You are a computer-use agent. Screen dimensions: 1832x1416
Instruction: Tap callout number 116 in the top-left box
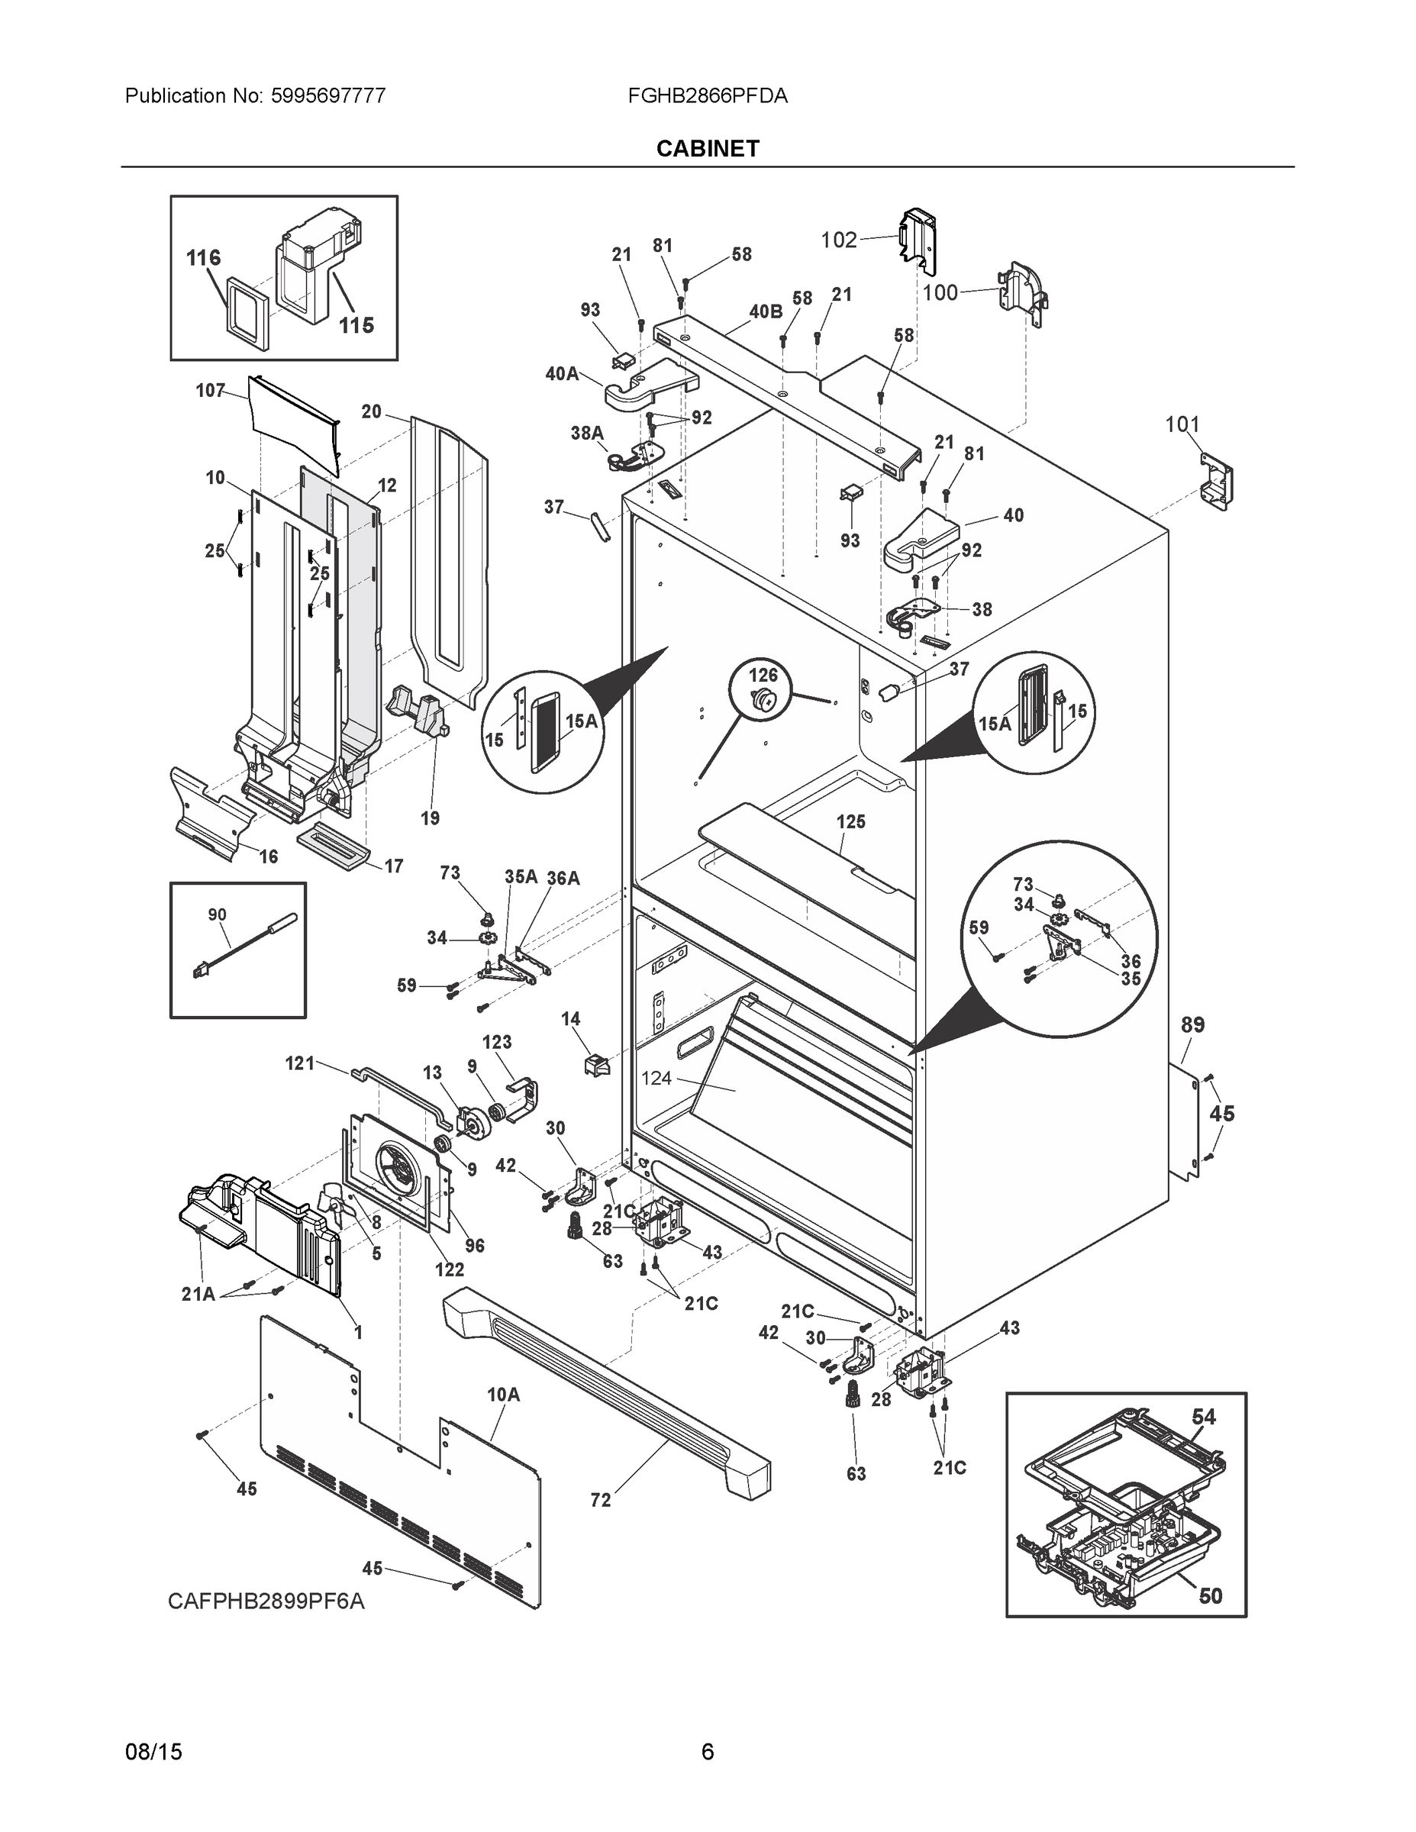pos(203,257)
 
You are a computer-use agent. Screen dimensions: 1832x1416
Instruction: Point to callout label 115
pos(356,325)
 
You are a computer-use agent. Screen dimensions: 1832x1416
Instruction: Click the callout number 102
pos(838,240)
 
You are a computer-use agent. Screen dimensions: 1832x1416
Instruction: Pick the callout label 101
pos(1182,424)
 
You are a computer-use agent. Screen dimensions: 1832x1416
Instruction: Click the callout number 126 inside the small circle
pos(763,675)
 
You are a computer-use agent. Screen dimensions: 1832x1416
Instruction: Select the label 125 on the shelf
pos(850,821)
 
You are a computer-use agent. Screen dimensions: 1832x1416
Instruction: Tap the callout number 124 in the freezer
pos(656,1078)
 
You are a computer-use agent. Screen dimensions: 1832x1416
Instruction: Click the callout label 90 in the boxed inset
pos(218,914)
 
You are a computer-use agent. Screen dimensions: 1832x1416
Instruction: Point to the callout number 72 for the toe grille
pos(601,1500)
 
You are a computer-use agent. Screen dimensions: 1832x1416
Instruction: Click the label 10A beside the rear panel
pos(503,1394)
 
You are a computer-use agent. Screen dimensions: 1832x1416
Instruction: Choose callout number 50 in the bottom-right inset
pos(1210,1595)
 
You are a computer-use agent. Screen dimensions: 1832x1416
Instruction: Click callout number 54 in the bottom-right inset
pos(1203,1416)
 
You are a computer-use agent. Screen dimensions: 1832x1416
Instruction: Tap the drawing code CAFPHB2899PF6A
pos(266,1601)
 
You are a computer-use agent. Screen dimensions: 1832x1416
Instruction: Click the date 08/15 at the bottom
pos(153,1752)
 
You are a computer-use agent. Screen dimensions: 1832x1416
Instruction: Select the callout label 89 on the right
pos(1192,1024)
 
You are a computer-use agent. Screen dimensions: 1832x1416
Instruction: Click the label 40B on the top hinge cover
pos(765,312)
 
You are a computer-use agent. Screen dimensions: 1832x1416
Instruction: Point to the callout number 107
pos(210,390)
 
